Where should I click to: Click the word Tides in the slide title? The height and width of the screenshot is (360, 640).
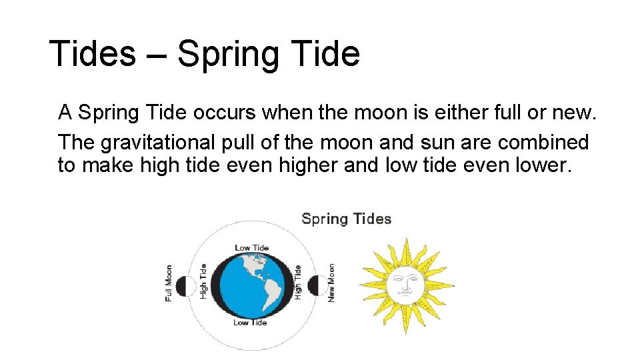coord(92,53)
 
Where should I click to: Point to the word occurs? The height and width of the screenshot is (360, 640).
coord(224,113)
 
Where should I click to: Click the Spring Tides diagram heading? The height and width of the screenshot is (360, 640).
coord(346,219)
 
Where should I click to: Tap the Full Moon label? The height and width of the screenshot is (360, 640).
coord(169,283)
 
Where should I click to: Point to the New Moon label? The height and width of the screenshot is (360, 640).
coord(331,283)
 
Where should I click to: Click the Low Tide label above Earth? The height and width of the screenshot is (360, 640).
coord(251,248)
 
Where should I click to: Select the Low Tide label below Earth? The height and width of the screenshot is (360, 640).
coord(250,323)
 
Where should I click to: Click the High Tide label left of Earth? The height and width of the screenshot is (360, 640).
coord(203,281)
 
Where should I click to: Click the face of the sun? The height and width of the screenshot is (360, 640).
coord(406,283)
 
